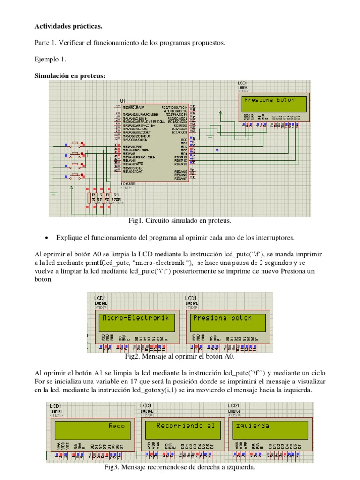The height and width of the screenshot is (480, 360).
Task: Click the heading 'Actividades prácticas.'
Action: click(x=68, y=26)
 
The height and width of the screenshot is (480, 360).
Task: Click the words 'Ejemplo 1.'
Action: click(x=51, y=60)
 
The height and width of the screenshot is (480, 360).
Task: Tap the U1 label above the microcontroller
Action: click(x=123, y=101)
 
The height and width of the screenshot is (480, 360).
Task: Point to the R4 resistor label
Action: click(x=116, y=194)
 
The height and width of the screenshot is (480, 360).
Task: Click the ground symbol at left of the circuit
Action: click(x=54, y=194)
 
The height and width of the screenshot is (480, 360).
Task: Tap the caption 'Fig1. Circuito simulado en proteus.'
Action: click(x=180, y=220)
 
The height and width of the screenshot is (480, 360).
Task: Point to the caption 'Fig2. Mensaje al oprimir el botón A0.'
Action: click(x=180, y=357)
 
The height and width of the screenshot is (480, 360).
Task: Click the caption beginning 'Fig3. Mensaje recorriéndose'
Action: click(x=180, y=467)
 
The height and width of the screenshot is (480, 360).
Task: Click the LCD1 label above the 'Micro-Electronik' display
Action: click(x=100, y=298)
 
